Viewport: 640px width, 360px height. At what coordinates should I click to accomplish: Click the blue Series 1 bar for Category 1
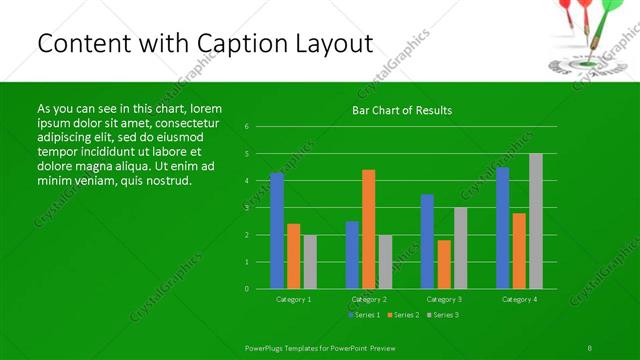277,231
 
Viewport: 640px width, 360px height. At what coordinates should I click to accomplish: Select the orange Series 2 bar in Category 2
369,229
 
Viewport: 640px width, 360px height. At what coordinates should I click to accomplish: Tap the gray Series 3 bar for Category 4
536,221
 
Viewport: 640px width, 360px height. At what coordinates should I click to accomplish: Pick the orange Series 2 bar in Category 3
444,264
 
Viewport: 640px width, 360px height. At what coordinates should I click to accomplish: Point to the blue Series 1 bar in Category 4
503,228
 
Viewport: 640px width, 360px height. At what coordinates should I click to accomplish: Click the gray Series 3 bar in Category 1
310,262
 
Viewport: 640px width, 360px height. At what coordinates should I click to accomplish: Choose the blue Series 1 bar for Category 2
352,255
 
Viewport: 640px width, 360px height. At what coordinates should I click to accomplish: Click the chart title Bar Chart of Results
402,110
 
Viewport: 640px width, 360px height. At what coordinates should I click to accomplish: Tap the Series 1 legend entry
363,315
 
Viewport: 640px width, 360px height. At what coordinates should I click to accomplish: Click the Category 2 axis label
369,299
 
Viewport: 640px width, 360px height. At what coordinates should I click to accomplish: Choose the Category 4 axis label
519,299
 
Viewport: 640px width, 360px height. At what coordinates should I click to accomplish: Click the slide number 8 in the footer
590,346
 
